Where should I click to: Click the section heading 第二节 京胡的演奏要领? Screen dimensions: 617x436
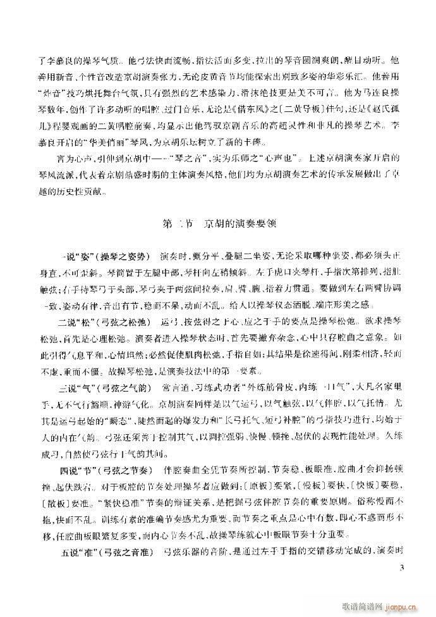point(217,224)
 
